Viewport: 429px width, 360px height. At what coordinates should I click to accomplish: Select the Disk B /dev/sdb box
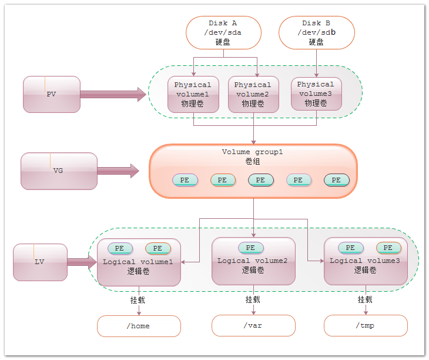click(x=317, y=32)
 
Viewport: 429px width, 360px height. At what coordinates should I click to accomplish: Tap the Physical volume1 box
click(x=193, y=94)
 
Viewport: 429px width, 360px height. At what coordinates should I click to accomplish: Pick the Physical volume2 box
click(x=253, y=94)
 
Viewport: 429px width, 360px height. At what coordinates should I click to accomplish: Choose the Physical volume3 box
click(x=316, y=94)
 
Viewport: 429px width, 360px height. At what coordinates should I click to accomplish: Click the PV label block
click(x=52, y=94)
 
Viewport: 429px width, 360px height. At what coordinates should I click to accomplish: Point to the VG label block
click(x=59, y=171)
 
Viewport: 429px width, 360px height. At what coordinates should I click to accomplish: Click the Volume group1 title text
click(x=253, y=152)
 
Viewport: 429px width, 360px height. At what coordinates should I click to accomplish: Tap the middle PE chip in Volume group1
click(x=260, y=180)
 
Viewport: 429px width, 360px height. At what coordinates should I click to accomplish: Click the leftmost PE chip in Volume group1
click(x=185, y=180)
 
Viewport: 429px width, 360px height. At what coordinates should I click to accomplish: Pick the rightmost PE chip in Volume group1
click(x=337, y=180)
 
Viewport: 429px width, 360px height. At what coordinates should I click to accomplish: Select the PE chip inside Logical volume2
click(x=251, y=248)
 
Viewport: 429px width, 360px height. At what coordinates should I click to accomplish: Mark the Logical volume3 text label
click(x=365, y=261)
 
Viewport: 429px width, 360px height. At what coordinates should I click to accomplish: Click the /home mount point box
click(x=139, y=326)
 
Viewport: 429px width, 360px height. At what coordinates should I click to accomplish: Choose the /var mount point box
click(x=253, y=325)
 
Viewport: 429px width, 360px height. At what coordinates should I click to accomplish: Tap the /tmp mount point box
click(x=366, y=325)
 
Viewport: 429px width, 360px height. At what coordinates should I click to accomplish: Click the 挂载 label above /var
click(x=253, y=299)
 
